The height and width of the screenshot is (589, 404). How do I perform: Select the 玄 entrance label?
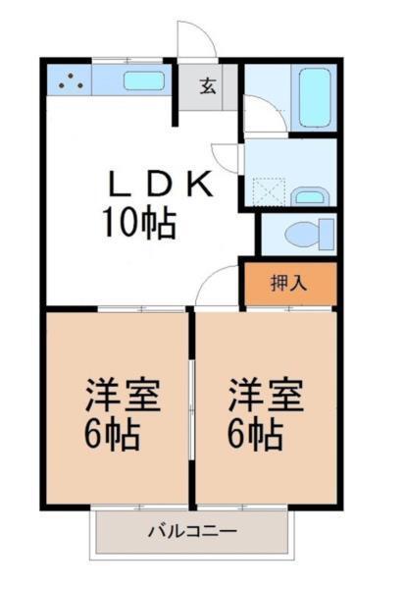208,85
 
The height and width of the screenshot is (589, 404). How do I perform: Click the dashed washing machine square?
267,188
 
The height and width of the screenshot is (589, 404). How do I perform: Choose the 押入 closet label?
290,285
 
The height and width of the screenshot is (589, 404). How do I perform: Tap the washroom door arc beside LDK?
229,157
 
